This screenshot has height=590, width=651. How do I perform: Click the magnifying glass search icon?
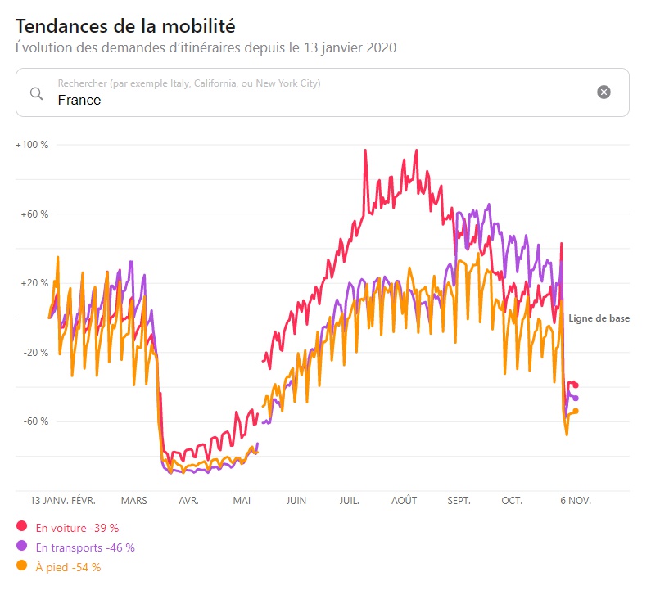click(36, 92)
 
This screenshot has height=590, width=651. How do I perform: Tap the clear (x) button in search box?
click(604, 92)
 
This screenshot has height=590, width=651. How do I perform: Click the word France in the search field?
click(79, 100)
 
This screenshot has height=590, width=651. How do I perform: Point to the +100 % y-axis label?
click(32, 145)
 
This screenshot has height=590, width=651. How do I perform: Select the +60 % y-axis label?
click(34, 214)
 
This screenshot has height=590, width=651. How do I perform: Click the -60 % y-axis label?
click(35, 421)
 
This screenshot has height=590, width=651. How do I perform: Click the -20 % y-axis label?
click(35, 353)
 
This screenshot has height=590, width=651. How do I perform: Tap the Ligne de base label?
click(599, 318)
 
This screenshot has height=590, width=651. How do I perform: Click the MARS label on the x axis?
click(134, 500)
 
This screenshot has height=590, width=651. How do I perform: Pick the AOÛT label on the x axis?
click(404, 500)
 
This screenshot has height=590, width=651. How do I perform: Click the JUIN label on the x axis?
click(296, 500)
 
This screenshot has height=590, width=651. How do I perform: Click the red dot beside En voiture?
click(21, 526)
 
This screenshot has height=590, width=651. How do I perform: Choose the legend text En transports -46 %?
click(85, 547)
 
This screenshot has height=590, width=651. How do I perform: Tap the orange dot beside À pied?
click(21, 565)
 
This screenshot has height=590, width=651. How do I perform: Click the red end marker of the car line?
click(576, 385)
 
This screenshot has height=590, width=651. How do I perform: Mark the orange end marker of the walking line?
click(576, 411)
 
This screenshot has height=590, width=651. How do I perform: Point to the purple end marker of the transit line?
click(576, 398)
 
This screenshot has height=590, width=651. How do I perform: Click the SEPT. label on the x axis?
click(458, 500)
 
